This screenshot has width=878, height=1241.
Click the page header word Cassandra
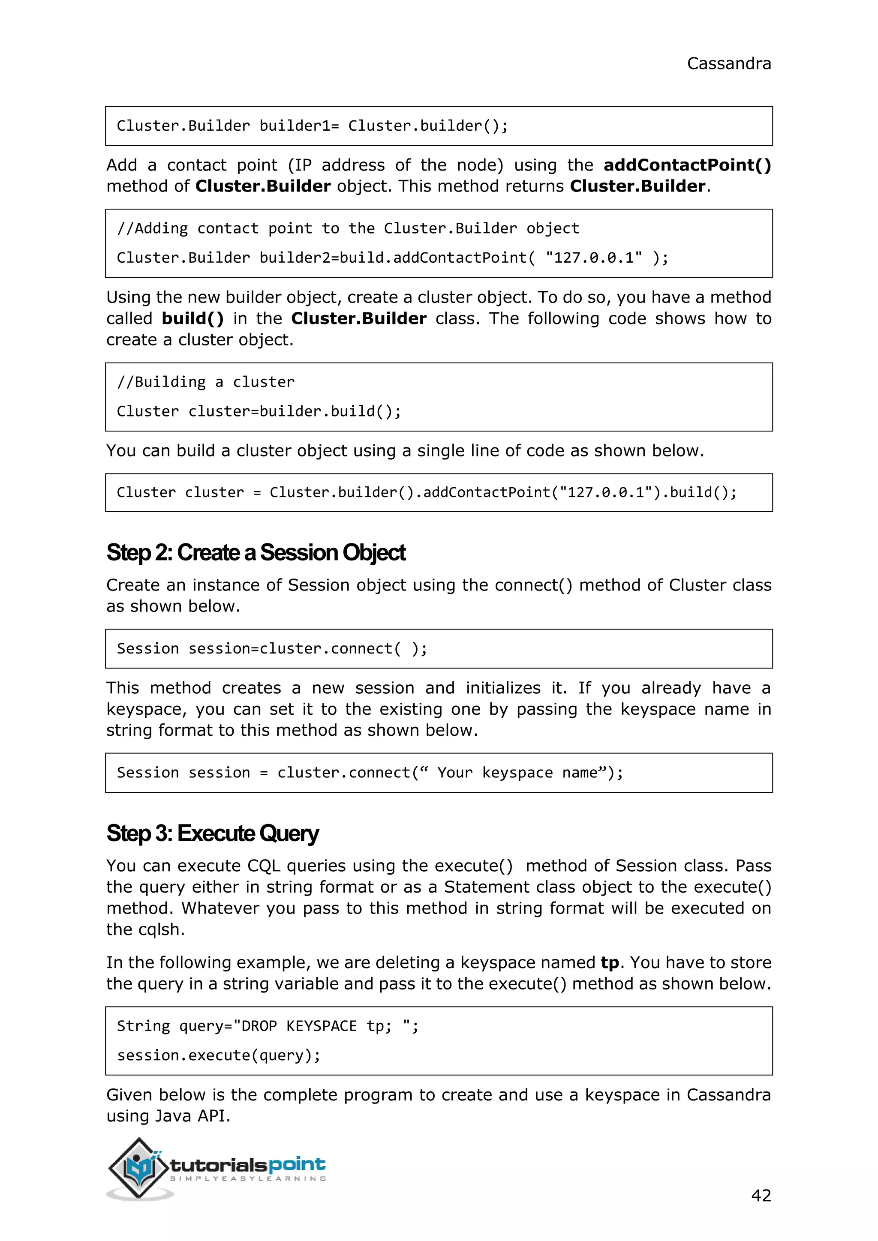click(728, 64)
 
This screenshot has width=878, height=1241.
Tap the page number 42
click(761, 1195)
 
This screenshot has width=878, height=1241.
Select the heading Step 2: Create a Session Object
click(256, 552)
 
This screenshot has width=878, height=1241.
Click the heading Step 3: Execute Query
click(213, 833)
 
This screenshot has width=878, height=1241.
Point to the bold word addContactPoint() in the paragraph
click(687, 165)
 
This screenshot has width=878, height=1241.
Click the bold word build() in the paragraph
click(192, 318)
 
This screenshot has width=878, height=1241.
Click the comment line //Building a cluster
click(206, 382)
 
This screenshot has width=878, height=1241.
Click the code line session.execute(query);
click(219, 1055)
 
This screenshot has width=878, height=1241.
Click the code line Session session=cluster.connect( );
click(272, 649)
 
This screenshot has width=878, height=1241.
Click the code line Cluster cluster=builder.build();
click(259, 411)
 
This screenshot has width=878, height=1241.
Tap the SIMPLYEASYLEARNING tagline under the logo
click(248, 1178)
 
